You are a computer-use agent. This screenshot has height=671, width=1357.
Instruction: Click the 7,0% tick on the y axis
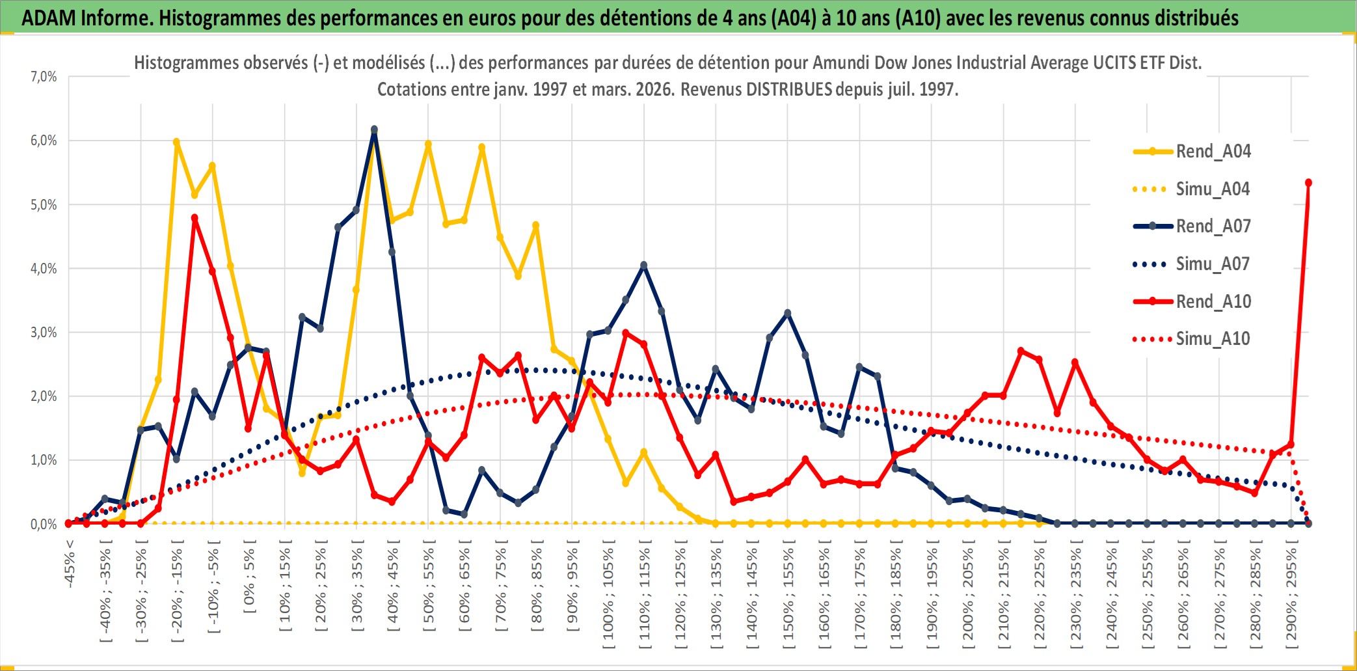[x=44, y=77]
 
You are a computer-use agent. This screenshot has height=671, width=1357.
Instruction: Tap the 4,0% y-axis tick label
[x=44, y=268]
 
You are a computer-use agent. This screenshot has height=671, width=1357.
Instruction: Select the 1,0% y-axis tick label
[x=44, y=460]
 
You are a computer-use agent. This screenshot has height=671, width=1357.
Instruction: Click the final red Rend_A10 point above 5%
[x=1308, y=183]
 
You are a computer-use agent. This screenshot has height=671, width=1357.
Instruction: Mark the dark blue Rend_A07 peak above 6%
[x=374, y=130]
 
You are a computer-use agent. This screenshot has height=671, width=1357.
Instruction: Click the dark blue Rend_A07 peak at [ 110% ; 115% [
[x=644, y=266]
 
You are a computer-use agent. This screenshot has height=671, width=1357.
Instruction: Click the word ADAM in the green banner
[x=49, y=18]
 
